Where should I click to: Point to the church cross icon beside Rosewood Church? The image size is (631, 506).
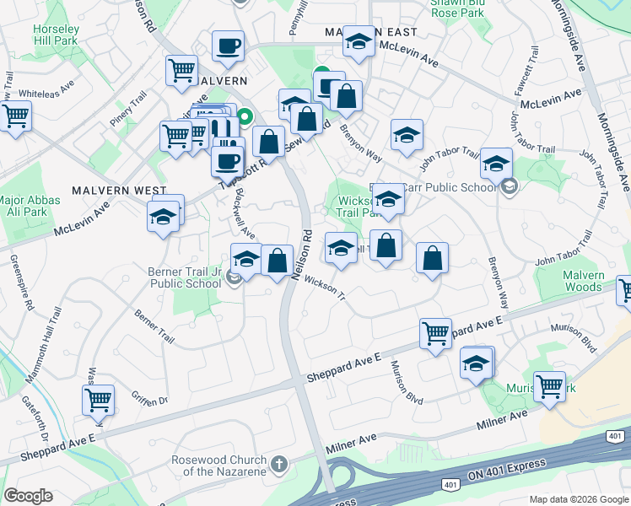(280, 464)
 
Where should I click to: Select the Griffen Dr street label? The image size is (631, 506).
(149, 395)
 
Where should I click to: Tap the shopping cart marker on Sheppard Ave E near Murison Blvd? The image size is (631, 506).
(435, 334)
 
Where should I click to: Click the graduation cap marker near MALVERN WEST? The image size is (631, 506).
(164, 216)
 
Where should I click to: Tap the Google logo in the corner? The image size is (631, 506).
(28, 496)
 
